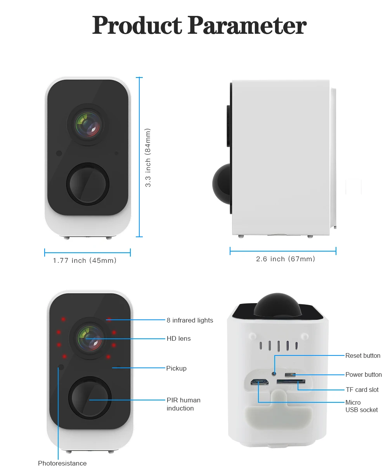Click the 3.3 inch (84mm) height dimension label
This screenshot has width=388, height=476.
[148, 157]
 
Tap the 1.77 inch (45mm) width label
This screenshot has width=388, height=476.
[85, 260]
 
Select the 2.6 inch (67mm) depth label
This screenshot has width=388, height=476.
[285, 259]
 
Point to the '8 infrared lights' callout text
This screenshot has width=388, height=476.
[190, 320]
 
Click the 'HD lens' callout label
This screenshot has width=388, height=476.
[178, 338]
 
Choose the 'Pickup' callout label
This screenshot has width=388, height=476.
[176, 368]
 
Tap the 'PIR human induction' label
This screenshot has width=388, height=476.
[183, 404]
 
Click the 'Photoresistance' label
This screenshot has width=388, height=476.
[62, 463]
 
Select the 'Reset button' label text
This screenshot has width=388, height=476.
[363, 355]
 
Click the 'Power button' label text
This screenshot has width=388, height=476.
[364, 374]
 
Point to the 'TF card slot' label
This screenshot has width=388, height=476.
[362, 390]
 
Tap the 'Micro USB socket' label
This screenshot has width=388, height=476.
[361, 406]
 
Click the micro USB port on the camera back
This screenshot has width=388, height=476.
[260, 382]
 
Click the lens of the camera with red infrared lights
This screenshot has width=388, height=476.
[90, 337]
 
